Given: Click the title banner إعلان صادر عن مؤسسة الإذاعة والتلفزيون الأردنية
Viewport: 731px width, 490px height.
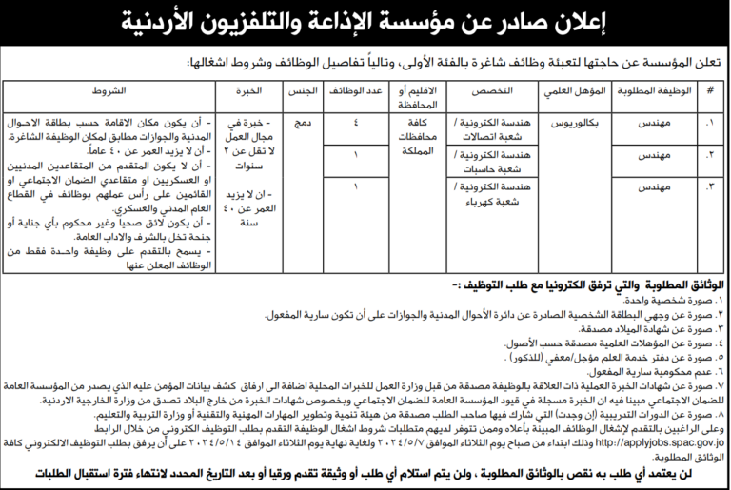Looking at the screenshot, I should (365, 23).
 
